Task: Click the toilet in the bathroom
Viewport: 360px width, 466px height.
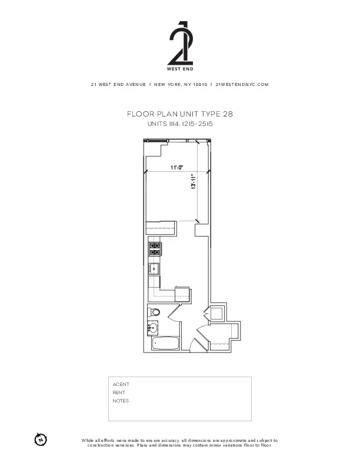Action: coord(154,312)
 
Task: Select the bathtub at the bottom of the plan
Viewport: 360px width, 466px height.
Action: coord(164,344)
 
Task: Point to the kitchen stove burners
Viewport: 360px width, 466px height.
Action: coord(155,249)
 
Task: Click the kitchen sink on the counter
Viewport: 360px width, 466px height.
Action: coord(154,269)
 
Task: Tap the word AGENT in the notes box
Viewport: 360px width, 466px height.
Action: coord(121,384)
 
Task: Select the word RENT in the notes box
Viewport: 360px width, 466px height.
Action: coord(119,392)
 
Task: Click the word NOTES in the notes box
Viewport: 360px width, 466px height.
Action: coord(121,401)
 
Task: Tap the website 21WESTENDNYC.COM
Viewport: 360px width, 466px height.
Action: coord(242,85)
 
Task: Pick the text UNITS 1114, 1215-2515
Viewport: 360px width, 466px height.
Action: coord(179,124)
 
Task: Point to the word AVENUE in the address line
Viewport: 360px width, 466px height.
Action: coord(135,85)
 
